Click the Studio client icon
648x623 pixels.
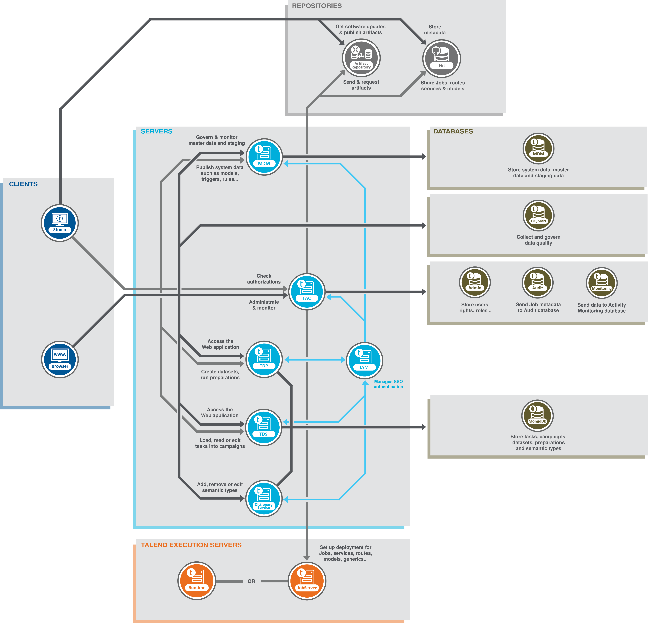click(x=60, y=223)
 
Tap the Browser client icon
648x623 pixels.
click(x=60, y=359)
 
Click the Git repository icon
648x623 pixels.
click(x=442, y=58)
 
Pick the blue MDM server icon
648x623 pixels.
click(x=264, y=157)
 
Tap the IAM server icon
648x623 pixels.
click(x=364, y=360)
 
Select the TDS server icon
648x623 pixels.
click(x=264, y=427)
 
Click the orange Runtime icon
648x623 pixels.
click(x=197, y=581)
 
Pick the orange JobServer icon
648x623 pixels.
click(x=307, y=581)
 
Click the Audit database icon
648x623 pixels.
click(x=538, y=282)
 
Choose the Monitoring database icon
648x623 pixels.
click(x=602, y=283)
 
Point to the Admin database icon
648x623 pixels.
click(x=475, y=282)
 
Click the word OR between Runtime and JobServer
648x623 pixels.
click(x=251, y=581)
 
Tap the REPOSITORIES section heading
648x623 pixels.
click(x=317, y=6)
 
